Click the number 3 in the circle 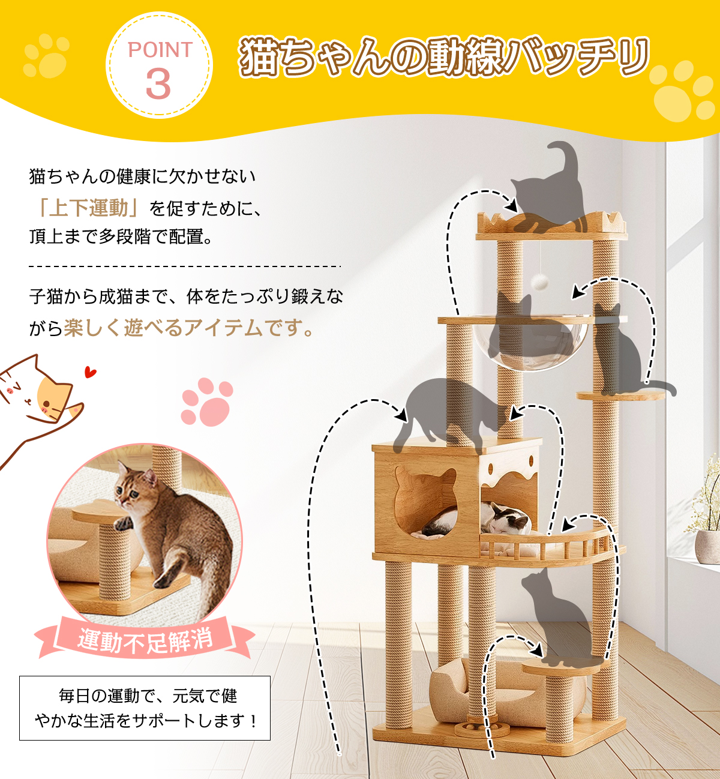click(158, 84)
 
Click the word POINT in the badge click(160, 50)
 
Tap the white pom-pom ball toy click(539, 280)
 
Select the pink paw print click(207, 402)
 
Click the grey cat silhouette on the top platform click(550, 188)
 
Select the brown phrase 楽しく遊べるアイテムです click(189, 328)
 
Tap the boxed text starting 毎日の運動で click(145, 708)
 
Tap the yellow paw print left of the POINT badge click(46, 56)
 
